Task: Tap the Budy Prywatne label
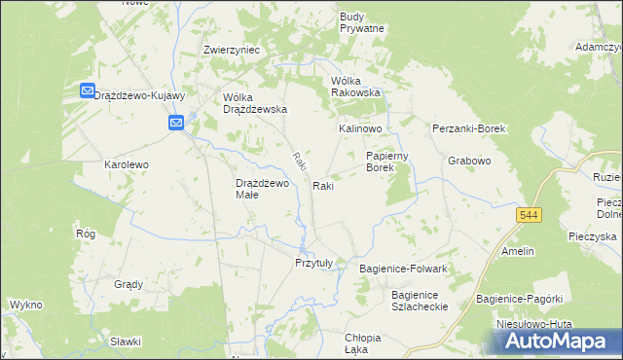362,22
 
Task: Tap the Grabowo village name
468,161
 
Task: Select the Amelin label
518,251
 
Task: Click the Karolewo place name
127,165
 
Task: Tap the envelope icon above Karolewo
175,124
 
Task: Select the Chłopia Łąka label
362,343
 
